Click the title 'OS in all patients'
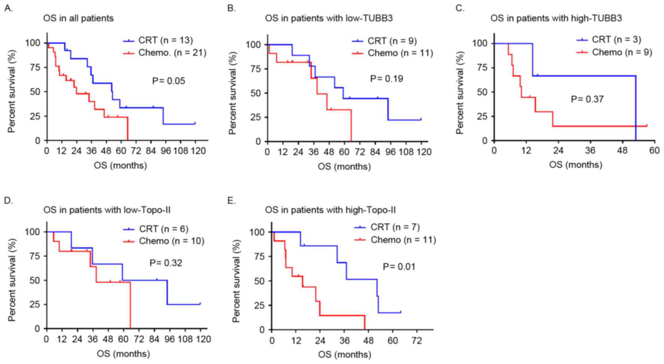click(x=79, y=18)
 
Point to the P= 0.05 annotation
click(x=168, y=81)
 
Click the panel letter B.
click(x=231, y=8)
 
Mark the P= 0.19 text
click(x=387, y=79)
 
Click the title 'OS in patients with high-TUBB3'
click(x=556, y=18)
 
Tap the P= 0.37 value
click(x=587, y=99)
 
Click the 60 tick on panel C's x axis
click(x=654, y=150)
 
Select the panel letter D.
click(x=9, y=200)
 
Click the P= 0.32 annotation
click(x=166, y=263)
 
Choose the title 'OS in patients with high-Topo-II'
click(x=330, y=210)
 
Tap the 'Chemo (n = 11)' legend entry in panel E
click(x=403, y=240)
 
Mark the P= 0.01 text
click(x=399, y=266)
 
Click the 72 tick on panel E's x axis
click(x=416, y=341)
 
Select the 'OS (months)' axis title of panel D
click(x=123, y=354)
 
